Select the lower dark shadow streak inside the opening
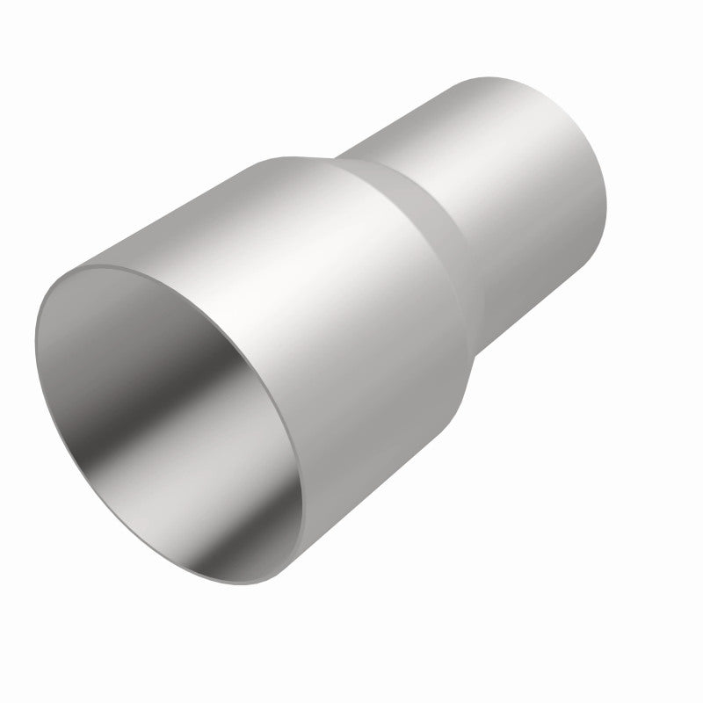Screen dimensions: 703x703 click(x=224, y=518)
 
